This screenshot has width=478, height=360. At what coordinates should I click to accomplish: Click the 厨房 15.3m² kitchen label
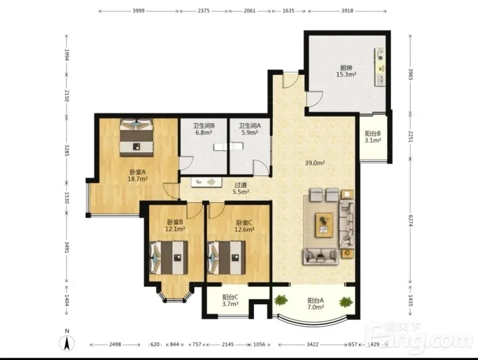click(x=347, y=71)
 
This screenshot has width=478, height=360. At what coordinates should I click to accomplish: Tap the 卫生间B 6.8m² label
click(x=204, y=129)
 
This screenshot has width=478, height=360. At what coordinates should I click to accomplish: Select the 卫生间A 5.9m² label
click(x=250, y=129)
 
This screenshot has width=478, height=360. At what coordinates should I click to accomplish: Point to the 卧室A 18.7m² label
click(x=137, y=175)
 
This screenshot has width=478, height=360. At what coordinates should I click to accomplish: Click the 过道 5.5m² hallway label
click(x=241, y=188)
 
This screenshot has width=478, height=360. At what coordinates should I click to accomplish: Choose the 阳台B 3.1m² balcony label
click(x=373, y=137)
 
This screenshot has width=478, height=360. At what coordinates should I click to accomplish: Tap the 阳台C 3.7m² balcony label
click(x=230, y=300)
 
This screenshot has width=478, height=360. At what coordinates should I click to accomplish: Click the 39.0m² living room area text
click(x=315, y=163)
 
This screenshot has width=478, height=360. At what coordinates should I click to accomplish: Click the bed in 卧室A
click(x=136, y=138)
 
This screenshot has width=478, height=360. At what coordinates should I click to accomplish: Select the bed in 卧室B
click(x=168, y=258)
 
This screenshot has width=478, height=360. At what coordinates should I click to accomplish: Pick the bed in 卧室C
click(x=226, y=258)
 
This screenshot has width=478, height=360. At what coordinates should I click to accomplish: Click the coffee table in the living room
click(x=324, y=225)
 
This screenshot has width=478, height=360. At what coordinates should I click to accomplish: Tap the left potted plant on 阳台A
click(x=281, y=300)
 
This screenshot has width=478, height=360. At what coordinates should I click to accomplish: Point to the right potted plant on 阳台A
click(x=346, y=302)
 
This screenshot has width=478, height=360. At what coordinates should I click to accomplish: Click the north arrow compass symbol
click(x=67, y=342)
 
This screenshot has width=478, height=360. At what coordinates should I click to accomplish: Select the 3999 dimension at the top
click(x=139, y=11)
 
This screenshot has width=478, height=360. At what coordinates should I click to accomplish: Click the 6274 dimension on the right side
click(x=410, y=221)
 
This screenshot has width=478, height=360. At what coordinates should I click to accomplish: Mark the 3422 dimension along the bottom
click(x=312, y=344)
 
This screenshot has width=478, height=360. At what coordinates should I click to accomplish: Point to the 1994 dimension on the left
click(x=67, y=54)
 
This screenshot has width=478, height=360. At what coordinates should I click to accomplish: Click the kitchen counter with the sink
click(x=380, y=67)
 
